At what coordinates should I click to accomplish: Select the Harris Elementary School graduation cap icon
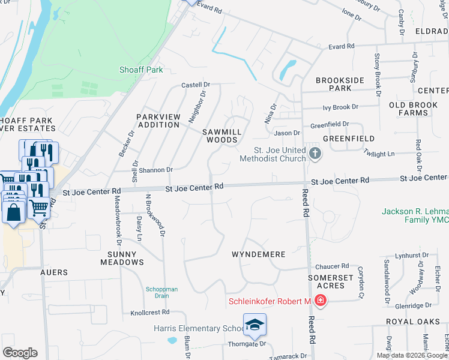pos(255,325)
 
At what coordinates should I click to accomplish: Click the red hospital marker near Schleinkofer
pos(321,300)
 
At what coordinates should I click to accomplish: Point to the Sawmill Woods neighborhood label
pos(221,135)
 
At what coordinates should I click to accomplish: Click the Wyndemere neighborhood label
pos(258,254)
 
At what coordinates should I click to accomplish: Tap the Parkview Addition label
pos(158,121)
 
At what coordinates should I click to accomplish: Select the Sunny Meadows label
pos(122,258)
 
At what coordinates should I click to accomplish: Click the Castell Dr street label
pos(196,86)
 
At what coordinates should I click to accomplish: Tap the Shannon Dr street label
pos(155,170)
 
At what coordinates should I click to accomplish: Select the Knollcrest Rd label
pos(150,313)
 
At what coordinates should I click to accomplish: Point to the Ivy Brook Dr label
pos(340,107)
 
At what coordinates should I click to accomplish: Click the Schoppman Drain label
pos(161,292)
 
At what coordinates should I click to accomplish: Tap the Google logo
pos(20,353)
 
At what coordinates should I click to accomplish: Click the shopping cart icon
pos(39,208)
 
